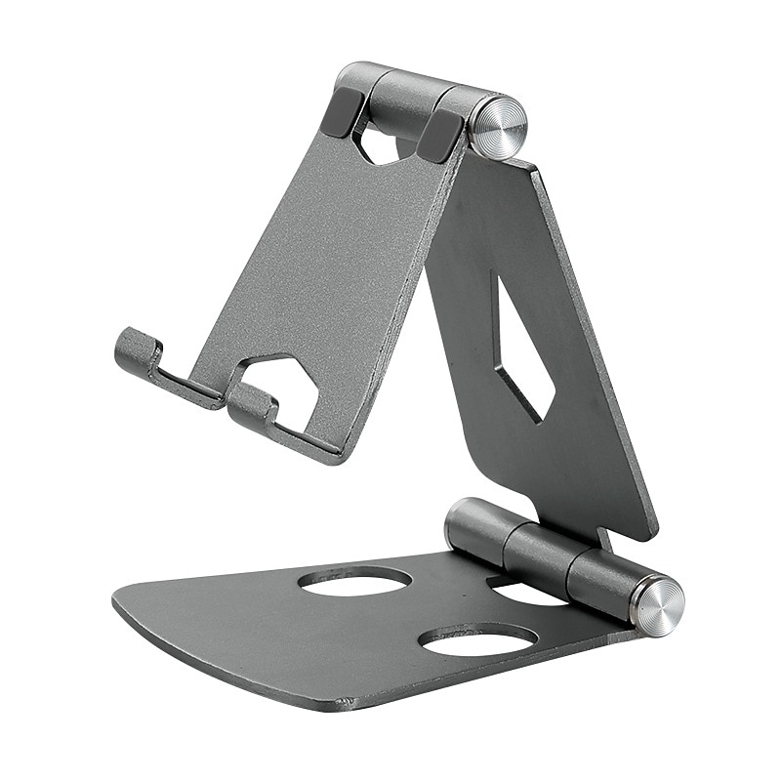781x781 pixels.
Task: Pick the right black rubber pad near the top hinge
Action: point(440,135)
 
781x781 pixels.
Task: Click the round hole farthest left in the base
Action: point(354,581)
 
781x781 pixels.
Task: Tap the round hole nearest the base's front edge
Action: point(477,639)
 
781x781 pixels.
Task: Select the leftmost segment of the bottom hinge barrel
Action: point(475,528)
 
